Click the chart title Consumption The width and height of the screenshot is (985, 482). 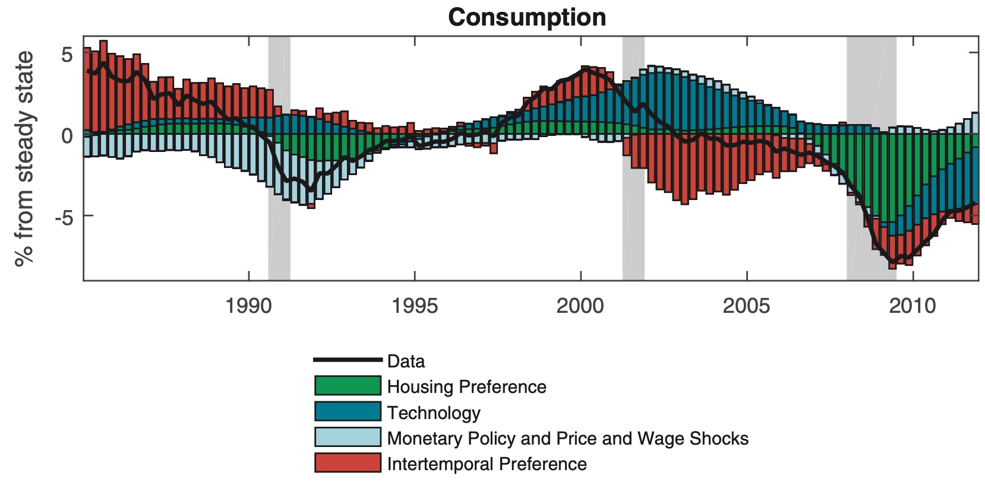527,17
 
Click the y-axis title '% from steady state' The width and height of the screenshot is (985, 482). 24,158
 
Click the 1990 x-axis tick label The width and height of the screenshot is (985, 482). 248,306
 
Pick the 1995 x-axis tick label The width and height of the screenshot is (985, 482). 415,306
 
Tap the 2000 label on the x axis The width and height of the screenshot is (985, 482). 580,306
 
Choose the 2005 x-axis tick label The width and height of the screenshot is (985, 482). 747,306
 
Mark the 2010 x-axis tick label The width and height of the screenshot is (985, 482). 913,306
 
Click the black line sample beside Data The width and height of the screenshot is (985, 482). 348,360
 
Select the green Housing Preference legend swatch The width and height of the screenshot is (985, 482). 348,386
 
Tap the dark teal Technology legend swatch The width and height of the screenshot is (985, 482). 348,411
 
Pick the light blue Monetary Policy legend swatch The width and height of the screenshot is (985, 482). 348,437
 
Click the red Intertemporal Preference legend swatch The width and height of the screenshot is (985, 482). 348,463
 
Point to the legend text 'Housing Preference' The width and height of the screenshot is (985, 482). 466,387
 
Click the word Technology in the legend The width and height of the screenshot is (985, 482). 434,413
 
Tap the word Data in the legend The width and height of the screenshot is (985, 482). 406,361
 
